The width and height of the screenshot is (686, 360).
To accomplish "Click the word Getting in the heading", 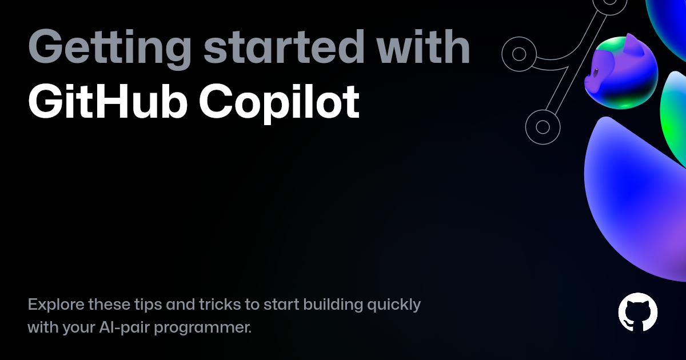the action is [110, 49].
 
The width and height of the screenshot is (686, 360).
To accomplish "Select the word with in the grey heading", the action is [423, 46].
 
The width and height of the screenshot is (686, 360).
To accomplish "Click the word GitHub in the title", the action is [107, 101].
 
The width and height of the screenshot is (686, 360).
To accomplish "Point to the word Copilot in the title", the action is [280, 103].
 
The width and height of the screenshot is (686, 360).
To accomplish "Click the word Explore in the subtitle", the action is [56, 305].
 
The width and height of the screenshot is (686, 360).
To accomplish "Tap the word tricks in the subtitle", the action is [220, 304].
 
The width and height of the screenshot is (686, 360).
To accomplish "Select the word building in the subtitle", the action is [333, 305].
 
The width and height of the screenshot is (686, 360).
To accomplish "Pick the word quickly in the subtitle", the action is [394, 305].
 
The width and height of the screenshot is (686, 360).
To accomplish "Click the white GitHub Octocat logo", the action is [637, 312].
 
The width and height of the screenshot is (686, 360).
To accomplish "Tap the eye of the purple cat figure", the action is [596, 73].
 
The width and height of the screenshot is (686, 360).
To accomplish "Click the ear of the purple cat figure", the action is [634, 45].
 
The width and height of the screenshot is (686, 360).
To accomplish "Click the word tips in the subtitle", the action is [148, 305].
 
